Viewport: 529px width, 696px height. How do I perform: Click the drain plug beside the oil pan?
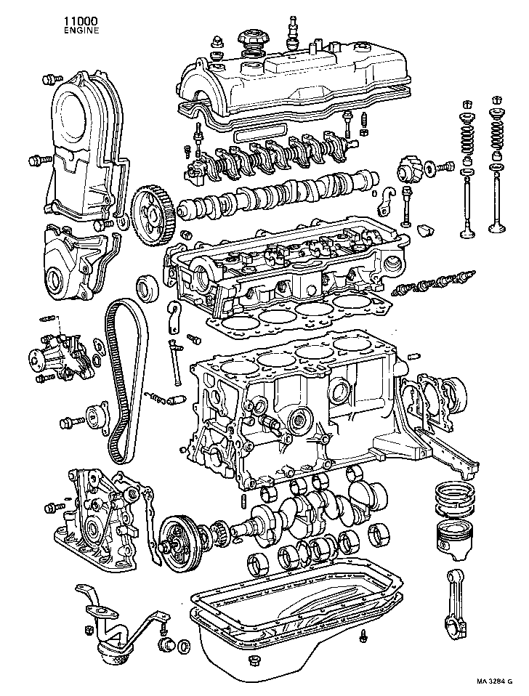pos(361,638)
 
